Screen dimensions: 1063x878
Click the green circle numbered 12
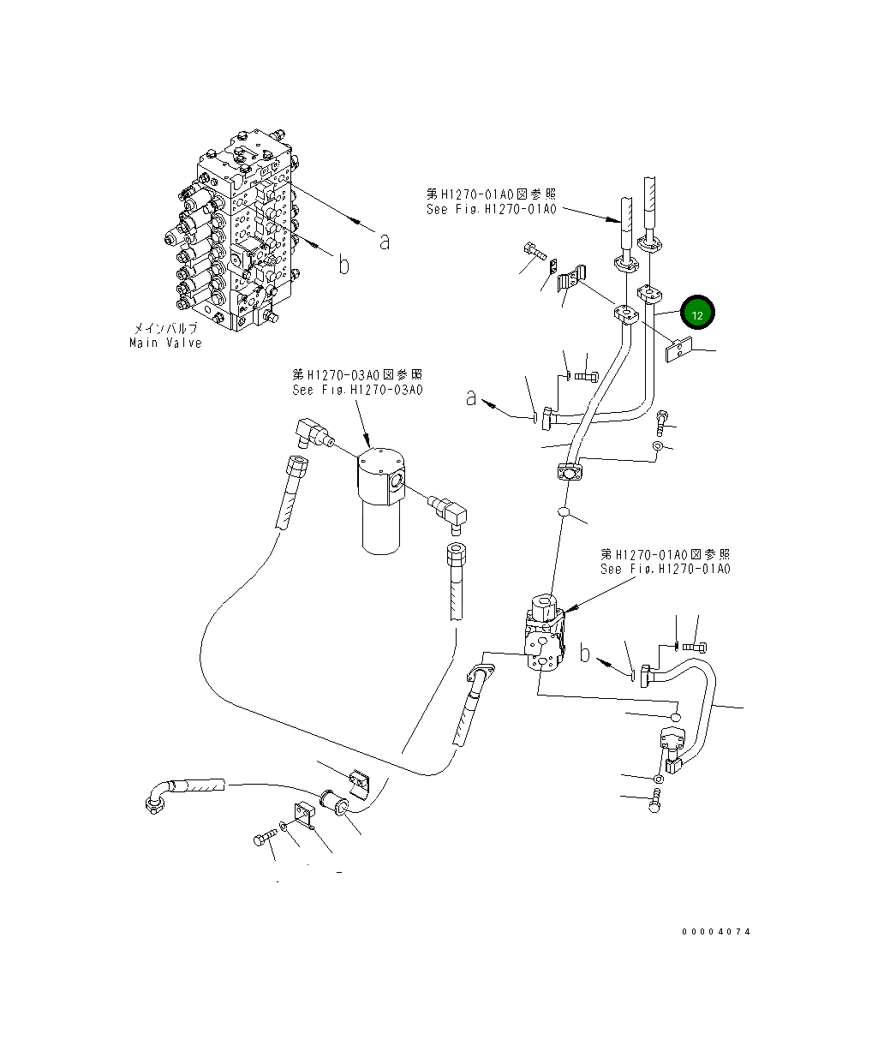point(697,314)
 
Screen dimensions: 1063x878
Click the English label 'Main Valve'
point(165,343)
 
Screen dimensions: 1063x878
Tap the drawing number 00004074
point(716,931)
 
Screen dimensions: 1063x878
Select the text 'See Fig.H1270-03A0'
point(357,391)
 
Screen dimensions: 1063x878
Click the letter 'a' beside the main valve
point(385,242)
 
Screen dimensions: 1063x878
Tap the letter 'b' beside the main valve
point(343,265)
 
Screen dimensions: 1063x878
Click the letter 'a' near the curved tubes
point(470,397)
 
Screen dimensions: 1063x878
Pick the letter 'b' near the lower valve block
point(585,654)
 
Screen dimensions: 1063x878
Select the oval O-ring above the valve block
point(563,512)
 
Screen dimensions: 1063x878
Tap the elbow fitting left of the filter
point(311,433)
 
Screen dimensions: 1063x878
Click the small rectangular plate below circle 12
point(678,350)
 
